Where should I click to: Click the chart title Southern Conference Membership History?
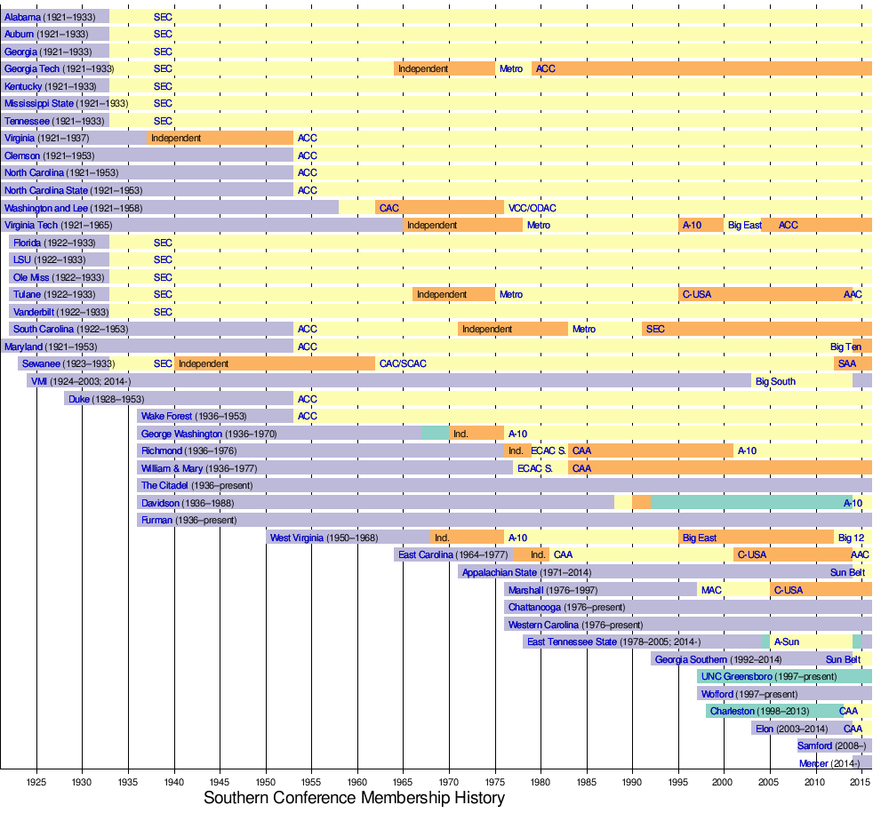pos(354,798)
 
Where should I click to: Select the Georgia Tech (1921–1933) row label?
pos(59,68)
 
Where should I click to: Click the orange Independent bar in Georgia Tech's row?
pos(444,68)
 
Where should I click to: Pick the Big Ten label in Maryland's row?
pos(845,347)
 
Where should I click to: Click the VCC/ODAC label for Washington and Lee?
pos(532,208)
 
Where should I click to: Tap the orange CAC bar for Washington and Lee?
pos(439,208)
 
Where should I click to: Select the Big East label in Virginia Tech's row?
pos(744,225)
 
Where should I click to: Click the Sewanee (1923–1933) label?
pos(68,363)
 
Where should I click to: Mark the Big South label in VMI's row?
pos(775,381)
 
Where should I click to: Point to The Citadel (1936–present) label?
pos(196,485)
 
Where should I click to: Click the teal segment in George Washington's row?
pos(435,434)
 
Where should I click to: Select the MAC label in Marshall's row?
pos(711,590)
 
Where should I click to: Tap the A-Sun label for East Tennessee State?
pos(786,642)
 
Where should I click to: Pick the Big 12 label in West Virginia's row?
pos(850,538)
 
